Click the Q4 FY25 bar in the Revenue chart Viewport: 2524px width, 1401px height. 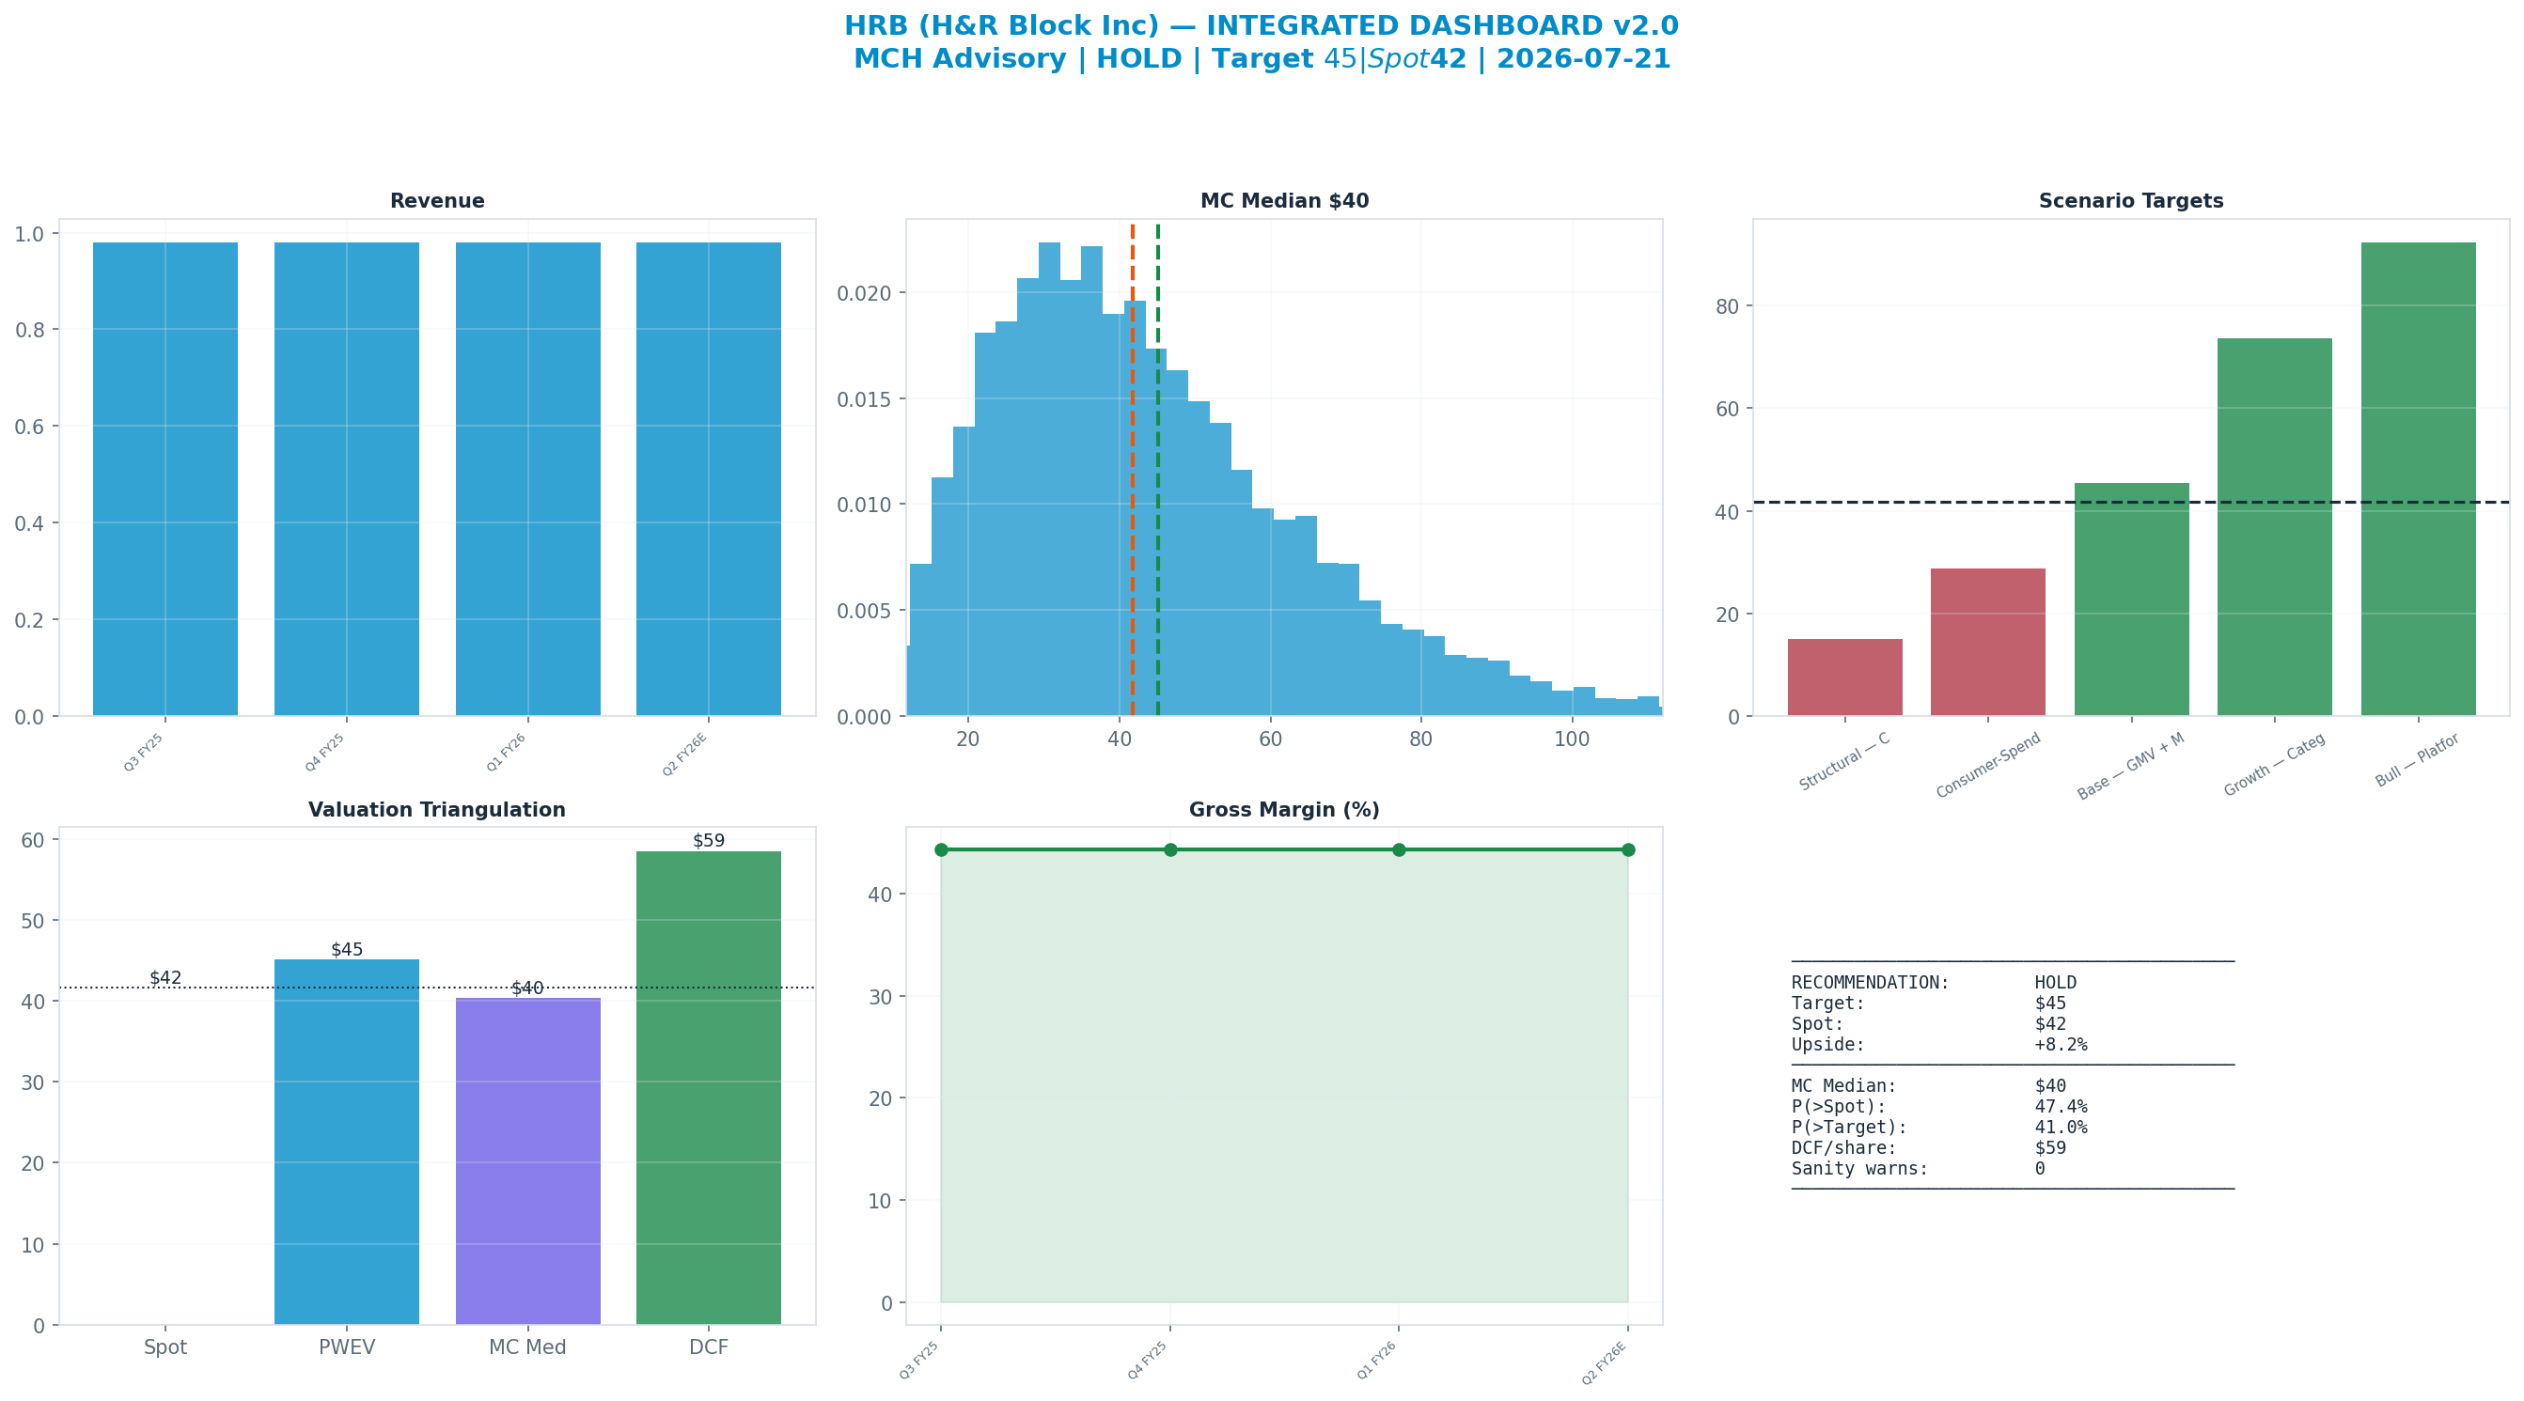(347, 479)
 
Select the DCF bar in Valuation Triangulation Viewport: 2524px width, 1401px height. (709, 1087)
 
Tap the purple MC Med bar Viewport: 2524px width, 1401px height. (528, 1161)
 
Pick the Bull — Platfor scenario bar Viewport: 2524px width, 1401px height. (2418, 479)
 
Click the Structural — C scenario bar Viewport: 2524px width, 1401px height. (1845, 677)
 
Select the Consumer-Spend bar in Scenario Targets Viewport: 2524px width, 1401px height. (1988, 642)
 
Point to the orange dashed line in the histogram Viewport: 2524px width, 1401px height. (1133, 470)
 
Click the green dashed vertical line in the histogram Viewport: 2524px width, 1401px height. (1158, 470)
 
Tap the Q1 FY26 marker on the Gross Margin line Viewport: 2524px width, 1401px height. (1399, 849)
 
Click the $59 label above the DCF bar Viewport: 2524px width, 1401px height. (709, 841)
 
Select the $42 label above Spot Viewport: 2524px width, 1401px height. (165, 978)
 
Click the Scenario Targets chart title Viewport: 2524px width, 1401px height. (2131, 201)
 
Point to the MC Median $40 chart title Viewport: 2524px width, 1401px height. (1284, 201)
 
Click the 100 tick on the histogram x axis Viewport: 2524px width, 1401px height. (1572, 739)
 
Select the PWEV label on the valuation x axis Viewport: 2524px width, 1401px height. (347, 1347)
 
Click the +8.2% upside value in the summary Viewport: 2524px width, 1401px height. (2061, 1044)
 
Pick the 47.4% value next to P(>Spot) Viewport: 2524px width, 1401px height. (2061, 1106)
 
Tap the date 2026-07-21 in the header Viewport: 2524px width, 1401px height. (1583, 59)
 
